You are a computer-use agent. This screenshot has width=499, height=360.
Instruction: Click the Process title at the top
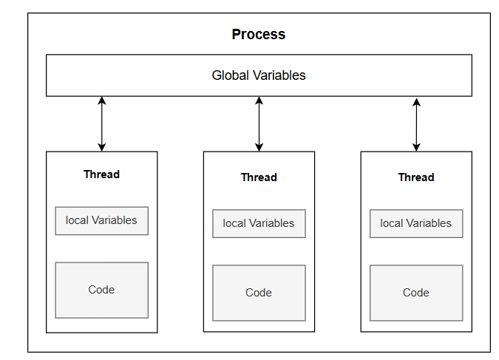pos(258,35)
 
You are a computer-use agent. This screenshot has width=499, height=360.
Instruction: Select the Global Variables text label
pos(258,75)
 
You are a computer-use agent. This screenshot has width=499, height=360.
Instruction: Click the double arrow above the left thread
pos(102,123)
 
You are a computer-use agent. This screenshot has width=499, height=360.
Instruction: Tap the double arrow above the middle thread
pos(259,123)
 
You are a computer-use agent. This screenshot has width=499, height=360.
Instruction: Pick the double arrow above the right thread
pos(416,123)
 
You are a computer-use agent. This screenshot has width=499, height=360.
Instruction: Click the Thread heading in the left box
pos(101,174)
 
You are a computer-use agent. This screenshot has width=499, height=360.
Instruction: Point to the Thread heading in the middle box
pos(259,177)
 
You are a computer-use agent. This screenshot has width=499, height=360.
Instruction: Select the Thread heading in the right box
pos(416,177)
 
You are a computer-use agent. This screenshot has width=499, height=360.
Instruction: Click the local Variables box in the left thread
pos(101,220)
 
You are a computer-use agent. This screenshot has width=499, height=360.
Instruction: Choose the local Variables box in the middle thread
pos(259,223)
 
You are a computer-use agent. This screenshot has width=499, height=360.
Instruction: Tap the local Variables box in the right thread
pos(416,223)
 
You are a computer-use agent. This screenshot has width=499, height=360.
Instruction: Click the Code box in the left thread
pos(101,290)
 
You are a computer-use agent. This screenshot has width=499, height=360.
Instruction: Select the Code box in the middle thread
pos(259,293)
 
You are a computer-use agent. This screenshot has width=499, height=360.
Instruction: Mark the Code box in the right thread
pos(416,293)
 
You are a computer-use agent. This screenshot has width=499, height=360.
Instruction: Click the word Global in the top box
pos(230,75)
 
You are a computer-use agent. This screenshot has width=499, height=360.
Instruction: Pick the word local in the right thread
pos(393,223)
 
